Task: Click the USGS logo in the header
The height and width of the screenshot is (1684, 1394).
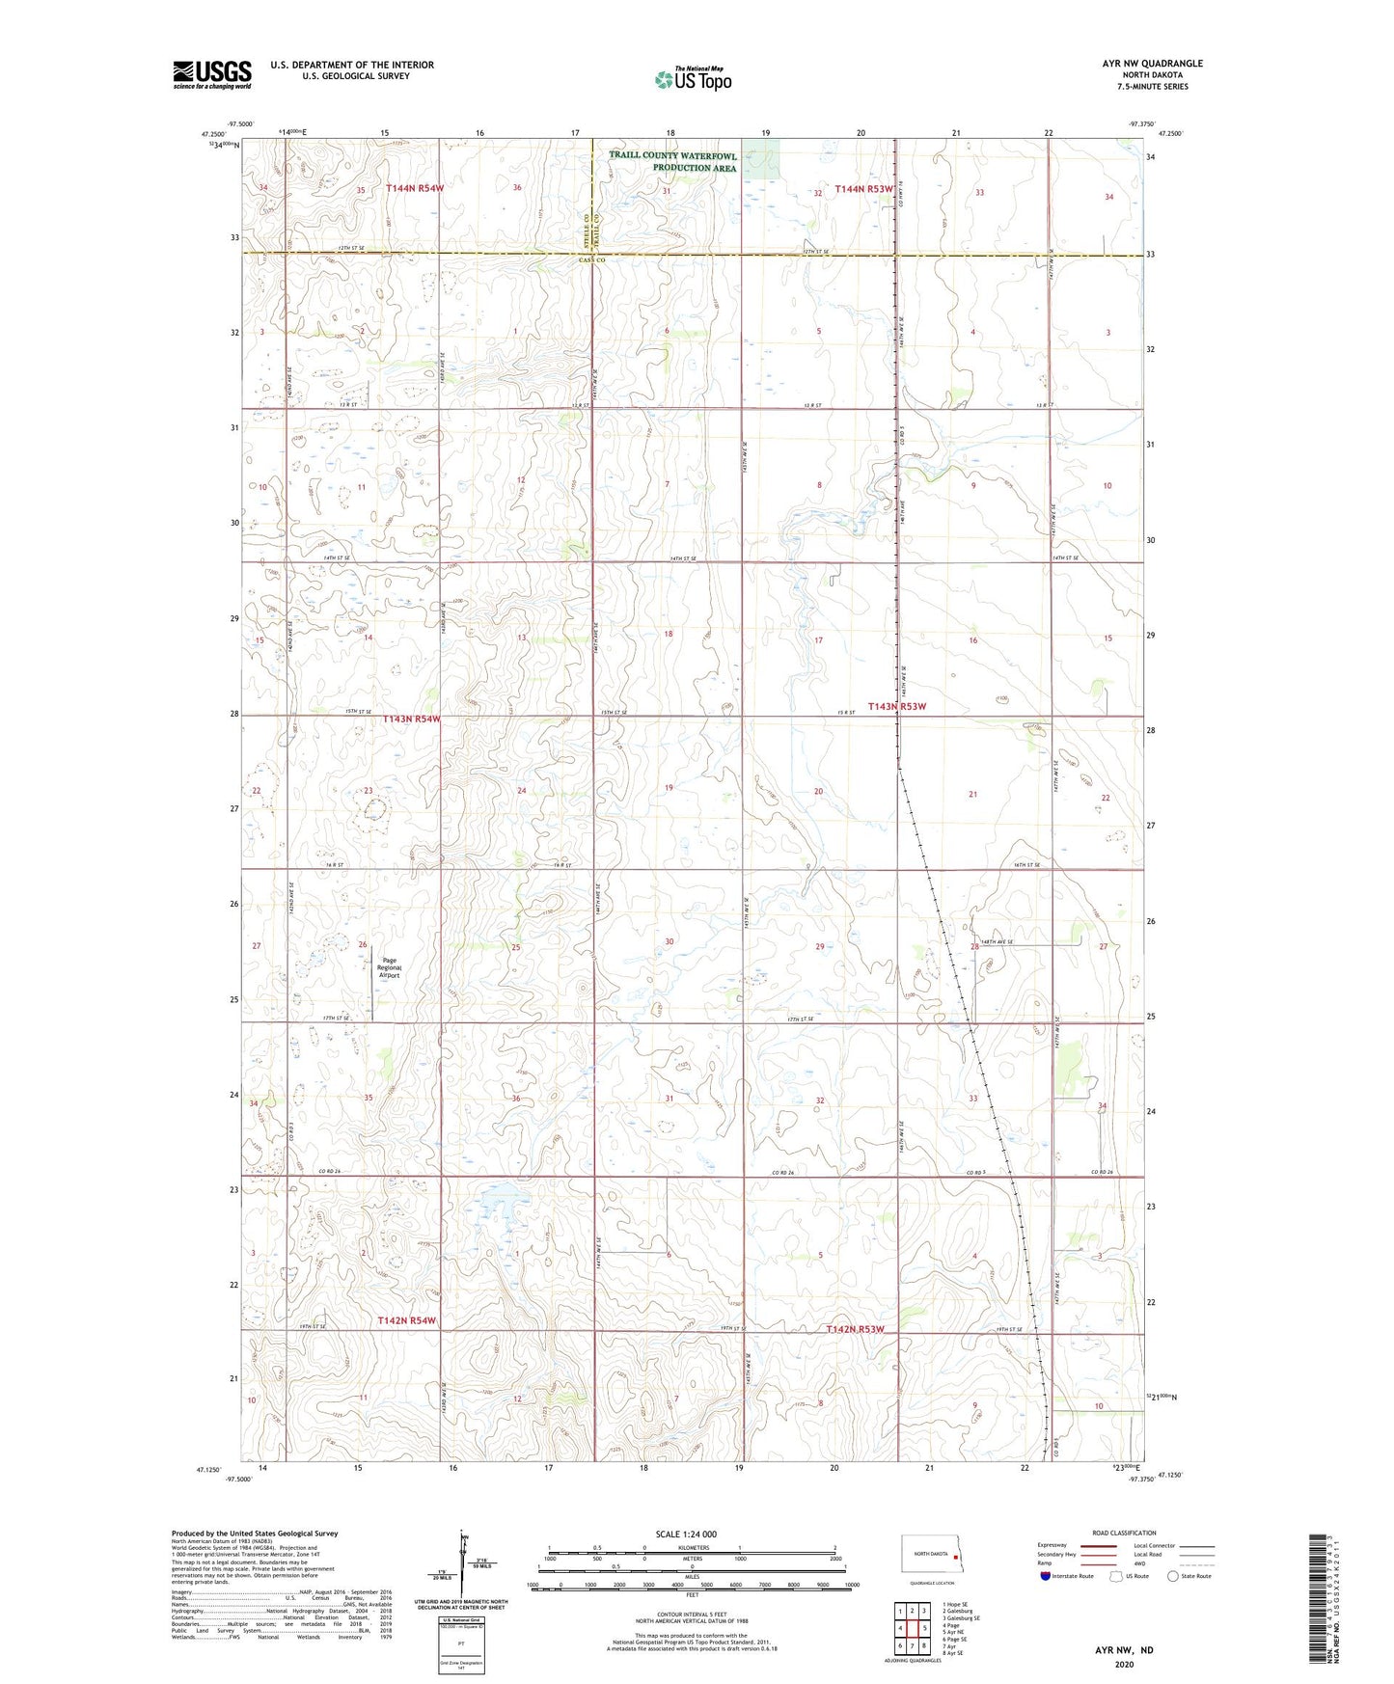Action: coord(212,74)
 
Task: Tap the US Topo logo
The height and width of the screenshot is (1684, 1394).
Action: coord(693,79)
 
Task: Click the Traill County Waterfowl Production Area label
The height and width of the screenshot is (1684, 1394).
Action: coord(672,161)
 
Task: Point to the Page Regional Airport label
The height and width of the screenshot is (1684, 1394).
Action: coord(389,967)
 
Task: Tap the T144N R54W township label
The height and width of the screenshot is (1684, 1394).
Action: coord(415,189)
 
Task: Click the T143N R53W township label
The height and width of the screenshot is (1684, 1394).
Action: coord(896,706)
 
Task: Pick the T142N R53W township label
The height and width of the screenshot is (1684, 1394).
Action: coord(855,1330)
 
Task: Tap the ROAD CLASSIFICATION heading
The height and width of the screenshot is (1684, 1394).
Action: coord(1124,1533)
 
